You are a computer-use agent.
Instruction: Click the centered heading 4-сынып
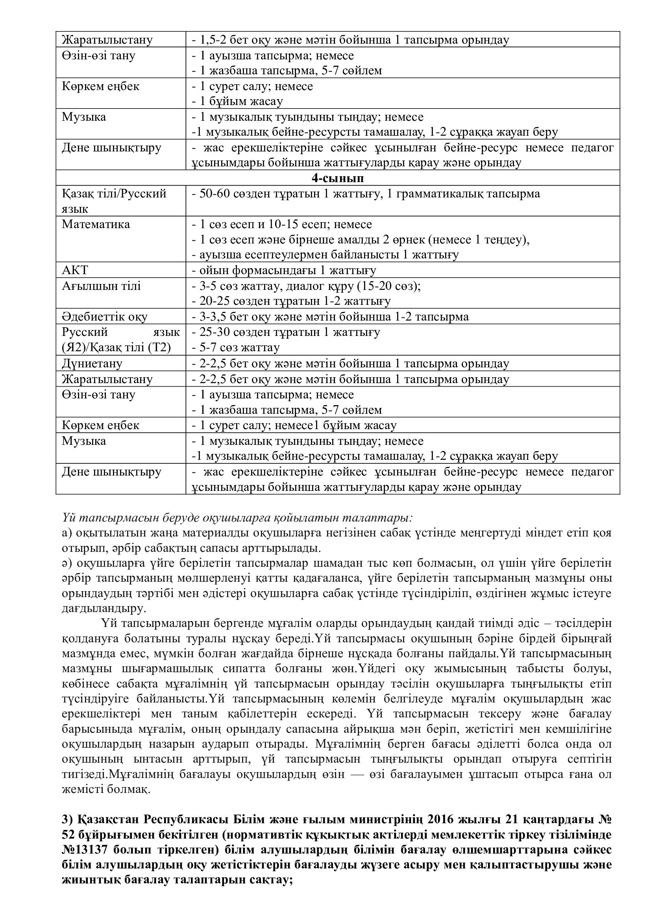pos(338,178)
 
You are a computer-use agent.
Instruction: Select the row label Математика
pos(96,224)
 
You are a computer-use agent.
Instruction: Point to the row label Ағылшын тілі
pos(102,286)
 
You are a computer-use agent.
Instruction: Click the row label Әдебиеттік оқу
pos(105,317)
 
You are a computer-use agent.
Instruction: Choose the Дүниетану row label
pos(92,363)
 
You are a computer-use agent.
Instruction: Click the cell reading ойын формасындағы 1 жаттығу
pos(284,271)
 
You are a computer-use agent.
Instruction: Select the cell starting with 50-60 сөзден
pos(366,194)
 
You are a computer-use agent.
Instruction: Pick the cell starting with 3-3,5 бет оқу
pos(330,317)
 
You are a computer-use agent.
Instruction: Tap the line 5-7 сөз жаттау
pos(235,347)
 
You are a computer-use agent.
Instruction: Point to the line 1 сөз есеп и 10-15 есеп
pos(282,224)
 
